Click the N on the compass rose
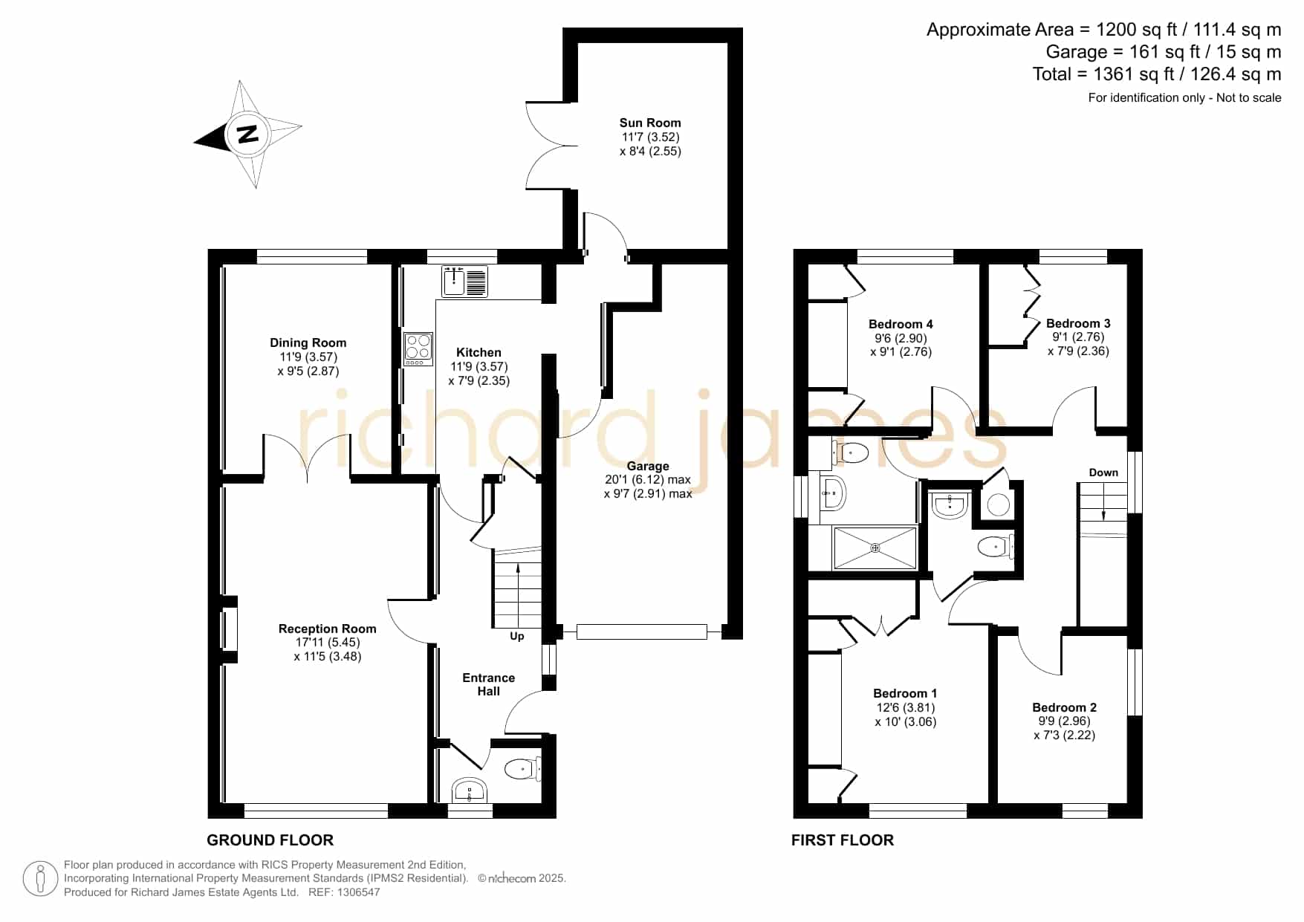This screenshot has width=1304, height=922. coord(247,134)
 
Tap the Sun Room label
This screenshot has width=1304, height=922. coord(650,123)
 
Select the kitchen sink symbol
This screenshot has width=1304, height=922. coord(464,282)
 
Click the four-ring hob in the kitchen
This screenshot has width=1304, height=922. coord(418,348)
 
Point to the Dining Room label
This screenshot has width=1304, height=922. coord(308,342)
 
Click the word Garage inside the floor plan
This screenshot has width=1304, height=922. coord(648,466)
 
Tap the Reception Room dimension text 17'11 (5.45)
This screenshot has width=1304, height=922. coord(327,642)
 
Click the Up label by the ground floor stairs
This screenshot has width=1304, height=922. coord(517,636)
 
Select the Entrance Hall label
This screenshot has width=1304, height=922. coord(488,684)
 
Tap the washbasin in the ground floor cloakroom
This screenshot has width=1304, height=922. coord(470,790)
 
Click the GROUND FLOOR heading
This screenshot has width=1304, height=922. coord(270,840)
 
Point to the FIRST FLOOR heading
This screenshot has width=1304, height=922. coord(843,840)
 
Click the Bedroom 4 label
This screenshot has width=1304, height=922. coord(901,324)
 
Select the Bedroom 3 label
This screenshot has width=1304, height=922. coord(1078,323)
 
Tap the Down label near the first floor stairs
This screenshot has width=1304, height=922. coord(1103,473)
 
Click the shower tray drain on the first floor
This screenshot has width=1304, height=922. coord(875,548)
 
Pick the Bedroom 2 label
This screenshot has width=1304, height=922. coord(1064,707)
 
